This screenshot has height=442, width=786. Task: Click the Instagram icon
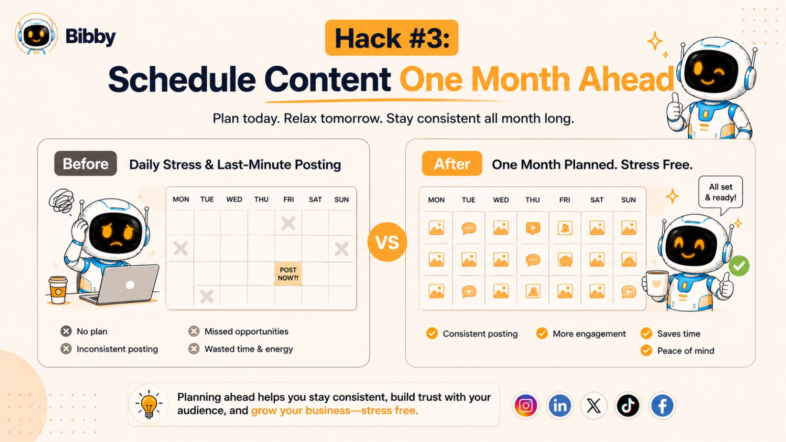pyautogui.click(x=526, y=406)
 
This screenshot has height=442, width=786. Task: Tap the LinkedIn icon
pyautogui.click(x=560, y=406)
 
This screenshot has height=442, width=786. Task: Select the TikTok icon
pyautogui.click(x=628, y=406)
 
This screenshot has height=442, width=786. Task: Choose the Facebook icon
pyautogui.click(x=662, y=406)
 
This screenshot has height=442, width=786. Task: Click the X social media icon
pyautogui.click(x=594, y=406)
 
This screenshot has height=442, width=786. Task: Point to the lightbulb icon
pyautogui.click(x=149, y=405)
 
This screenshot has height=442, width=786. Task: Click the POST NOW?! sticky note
pyautogui.click(x=288, y=274)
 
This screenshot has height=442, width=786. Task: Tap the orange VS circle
pyautogui.click(x=388, y=242)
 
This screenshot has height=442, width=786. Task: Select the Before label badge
pyautogui.click(x=85, y=164)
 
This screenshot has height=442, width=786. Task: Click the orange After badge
pyautogui.click(x=452, y=164)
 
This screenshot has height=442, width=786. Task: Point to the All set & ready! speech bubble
pyautogui.click(x=721, y=193)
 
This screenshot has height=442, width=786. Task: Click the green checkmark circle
pyautogui.click(x=739, y=266)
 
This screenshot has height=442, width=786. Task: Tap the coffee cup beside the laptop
pyautogui.click(x=58, y=290)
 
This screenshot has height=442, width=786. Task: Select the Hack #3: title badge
pyautogui.click(x=392, y=37)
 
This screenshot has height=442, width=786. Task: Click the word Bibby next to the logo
pyautogui.click(x=90, y=36)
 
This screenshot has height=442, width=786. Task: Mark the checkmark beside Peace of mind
pyautogui.click(x=646, y=351)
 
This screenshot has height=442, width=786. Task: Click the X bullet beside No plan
pyautogui.click(x=66, y=331)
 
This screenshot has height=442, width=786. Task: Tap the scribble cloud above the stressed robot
pyautogui.click(x=62, y=201)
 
